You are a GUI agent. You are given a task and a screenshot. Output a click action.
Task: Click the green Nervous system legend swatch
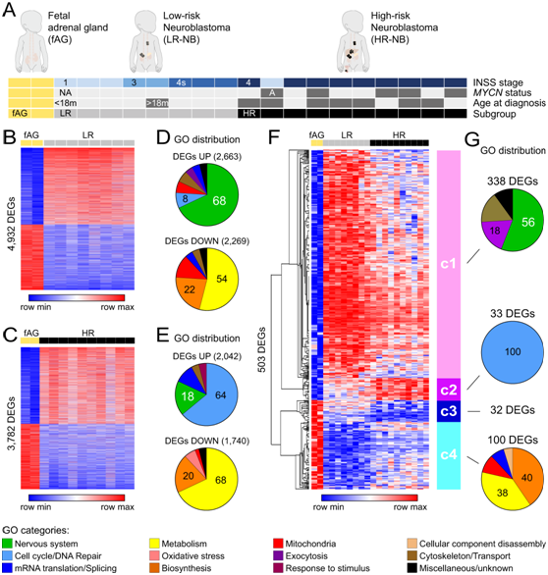[x=7, y=544]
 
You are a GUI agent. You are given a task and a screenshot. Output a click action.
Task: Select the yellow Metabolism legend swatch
[x=154, y=544]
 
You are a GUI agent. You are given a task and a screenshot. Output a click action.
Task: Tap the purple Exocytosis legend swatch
[x=278, y=556]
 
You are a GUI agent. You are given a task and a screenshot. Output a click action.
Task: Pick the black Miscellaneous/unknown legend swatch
[x=412, y=568]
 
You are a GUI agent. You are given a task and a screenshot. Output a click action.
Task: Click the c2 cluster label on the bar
[x=449, y=390]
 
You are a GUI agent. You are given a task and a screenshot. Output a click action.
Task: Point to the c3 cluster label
[x=449, y=411]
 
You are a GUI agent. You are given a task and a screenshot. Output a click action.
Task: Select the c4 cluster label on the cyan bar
[x=449, y=454]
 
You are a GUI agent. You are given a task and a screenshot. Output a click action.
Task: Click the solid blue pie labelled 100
[x=513, y=351]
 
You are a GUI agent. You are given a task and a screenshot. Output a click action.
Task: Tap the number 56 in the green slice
[x=527, y=222]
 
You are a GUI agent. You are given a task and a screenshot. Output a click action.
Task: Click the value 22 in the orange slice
[x=190, y=289]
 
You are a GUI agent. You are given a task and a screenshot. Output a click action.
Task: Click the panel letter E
[x=163, y=336]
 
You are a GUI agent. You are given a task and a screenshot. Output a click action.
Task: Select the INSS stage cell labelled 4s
[x=181, y=82]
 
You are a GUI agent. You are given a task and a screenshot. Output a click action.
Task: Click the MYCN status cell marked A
[x=272, y=93]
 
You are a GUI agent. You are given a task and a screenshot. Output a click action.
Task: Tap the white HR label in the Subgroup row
[x=249, y=113]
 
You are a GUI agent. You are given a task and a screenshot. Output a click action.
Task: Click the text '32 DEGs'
[x=513, y=409]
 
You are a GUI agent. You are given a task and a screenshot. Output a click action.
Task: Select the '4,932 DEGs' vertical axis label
[x=12, y=224]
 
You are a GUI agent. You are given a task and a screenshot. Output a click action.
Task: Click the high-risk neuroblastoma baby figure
[x=352, y=41]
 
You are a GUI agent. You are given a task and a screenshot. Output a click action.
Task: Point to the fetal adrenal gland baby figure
[x=31, y=41]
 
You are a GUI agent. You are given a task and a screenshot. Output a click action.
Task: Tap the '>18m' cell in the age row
[x=157, y=103]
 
